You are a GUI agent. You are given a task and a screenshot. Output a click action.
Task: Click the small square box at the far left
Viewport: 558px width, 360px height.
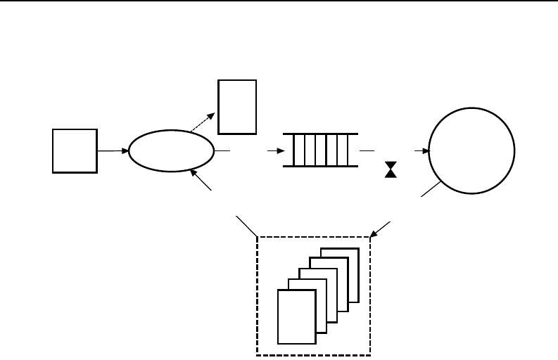click(x=75, y=150)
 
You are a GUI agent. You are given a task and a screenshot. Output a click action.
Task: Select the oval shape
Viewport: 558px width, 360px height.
click(x=171, y=150)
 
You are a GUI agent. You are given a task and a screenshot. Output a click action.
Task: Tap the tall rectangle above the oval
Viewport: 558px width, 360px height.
click(x=237, y=107)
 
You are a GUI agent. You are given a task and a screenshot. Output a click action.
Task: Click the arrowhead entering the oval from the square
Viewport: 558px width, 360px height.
click(x=126, y=150)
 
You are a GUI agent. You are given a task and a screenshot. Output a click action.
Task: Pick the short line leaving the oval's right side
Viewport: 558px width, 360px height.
click(x=222, y=150)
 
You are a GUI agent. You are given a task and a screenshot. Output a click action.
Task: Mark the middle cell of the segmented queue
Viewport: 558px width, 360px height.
click(x=321, y=150)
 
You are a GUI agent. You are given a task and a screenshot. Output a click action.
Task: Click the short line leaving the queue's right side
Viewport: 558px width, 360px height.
click(x=367, y=150)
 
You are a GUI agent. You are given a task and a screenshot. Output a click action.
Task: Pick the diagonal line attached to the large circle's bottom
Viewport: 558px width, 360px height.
click(x=431, y=190)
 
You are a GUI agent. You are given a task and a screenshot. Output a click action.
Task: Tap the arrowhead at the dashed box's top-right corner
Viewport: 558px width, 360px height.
click(x=374, y=231)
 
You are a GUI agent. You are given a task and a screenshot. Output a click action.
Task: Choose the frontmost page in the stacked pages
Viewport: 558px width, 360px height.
click(x=297, y=316)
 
